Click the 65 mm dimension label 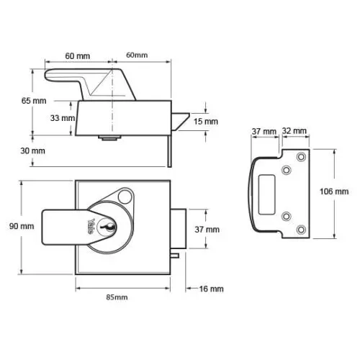tap(34, 101)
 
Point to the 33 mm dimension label tap(63, 118)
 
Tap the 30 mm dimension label tap(32, 151)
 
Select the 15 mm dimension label tap(206, 122)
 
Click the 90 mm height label tap(22, 226)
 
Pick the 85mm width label tap(117, 297)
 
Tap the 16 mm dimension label tap(211, 289)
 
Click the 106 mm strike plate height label tap(334, 192)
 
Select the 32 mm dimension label tap(294, 131)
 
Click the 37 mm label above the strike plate tap(264, 132)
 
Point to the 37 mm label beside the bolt tap(207, 230)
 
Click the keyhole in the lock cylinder tap(107, 227)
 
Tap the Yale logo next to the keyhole tap(91, 227)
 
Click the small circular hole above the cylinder tap(125, 197)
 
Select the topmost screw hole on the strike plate tap(301, 157)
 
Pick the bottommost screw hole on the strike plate tap(301, 230)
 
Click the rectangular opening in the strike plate tap(266, 194)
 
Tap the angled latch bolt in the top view tap(181, 121)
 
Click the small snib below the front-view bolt tap(175, 256)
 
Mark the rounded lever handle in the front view tap(65, 228)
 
